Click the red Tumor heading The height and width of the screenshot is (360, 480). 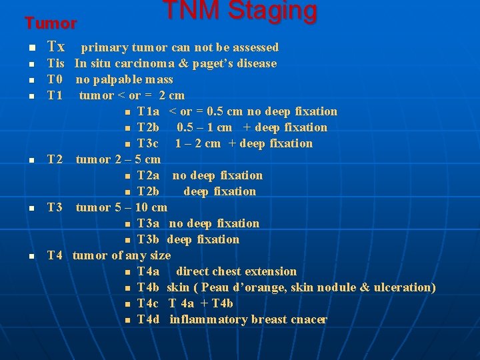click(x=51, y=23)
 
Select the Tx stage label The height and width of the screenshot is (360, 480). click(x=56, y=47)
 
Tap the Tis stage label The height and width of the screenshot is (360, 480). click(x=55, y=64)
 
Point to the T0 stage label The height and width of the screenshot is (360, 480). click(x=55, y=80)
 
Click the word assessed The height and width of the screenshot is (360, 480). click(x=253, y=47)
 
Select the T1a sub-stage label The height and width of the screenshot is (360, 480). click(x=148, y=111)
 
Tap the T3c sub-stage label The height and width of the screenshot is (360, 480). click(x=148, y=143)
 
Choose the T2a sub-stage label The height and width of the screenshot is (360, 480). click(x=148, y=175)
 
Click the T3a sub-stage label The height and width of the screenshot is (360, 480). click(x=148, y=223)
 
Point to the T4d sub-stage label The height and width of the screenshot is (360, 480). click(x=148, y=319)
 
